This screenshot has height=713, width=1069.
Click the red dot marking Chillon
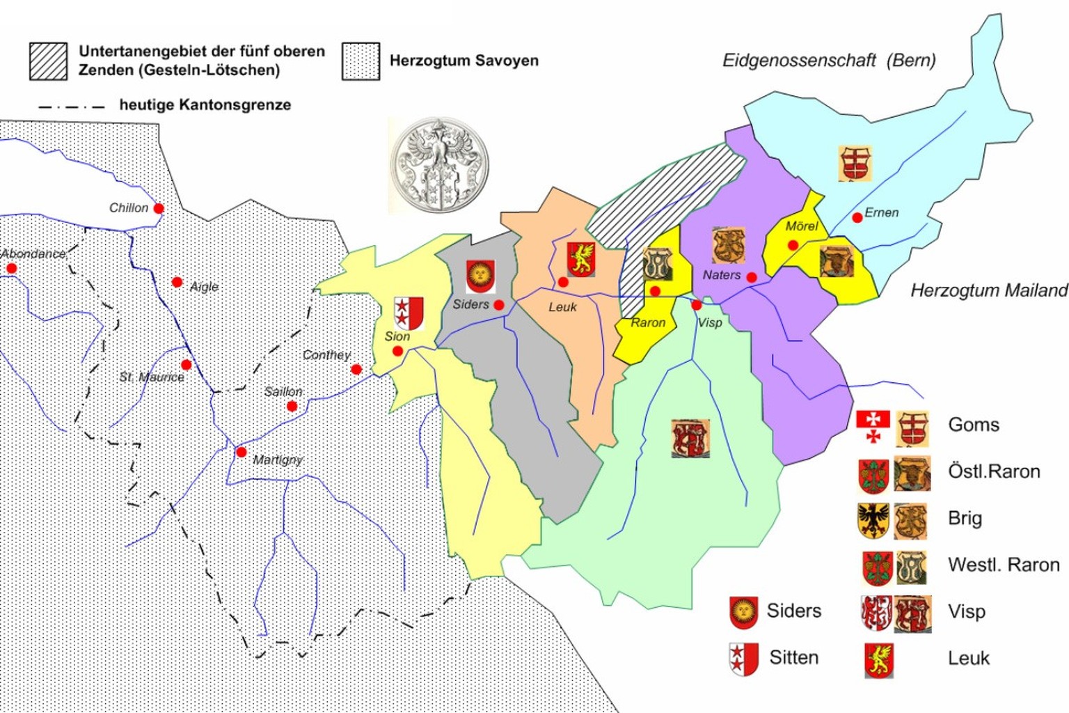(159, 208)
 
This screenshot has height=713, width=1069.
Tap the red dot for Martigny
(241, 452)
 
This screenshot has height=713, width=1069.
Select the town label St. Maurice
(151, 377)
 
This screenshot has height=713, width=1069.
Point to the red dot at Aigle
(177, 282)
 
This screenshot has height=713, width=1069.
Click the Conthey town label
(326, 355)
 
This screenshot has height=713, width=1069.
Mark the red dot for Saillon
(292, 406)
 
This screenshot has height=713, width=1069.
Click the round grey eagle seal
(439, 165)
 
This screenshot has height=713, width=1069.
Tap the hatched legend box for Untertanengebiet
(48, 61)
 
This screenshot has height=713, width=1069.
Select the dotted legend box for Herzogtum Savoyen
(361, 61)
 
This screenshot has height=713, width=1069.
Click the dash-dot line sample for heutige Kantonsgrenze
(71, 107)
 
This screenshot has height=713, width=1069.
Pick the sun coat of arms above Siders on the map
(480, 276)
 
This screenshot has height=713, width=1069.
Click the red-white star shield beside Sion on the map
(409, 313)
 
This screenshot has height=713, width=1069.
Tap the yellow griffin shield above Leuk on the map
(580, 259)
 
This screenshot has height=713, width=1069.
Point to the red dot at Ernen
(857, 218)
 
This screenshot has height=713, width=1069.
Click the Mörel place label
(801, 226)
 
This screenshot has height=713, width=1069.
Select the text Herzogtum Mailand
(988, 290)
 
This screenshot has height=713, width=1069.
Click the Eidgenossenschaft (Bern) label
(828, 61)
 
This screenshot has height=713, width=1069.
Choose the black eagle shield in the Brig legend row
(873, 520)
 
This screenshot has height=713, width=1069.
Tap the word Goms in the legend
(973, 425)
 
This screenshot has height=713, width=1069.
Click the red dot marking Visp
(696, 305)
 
